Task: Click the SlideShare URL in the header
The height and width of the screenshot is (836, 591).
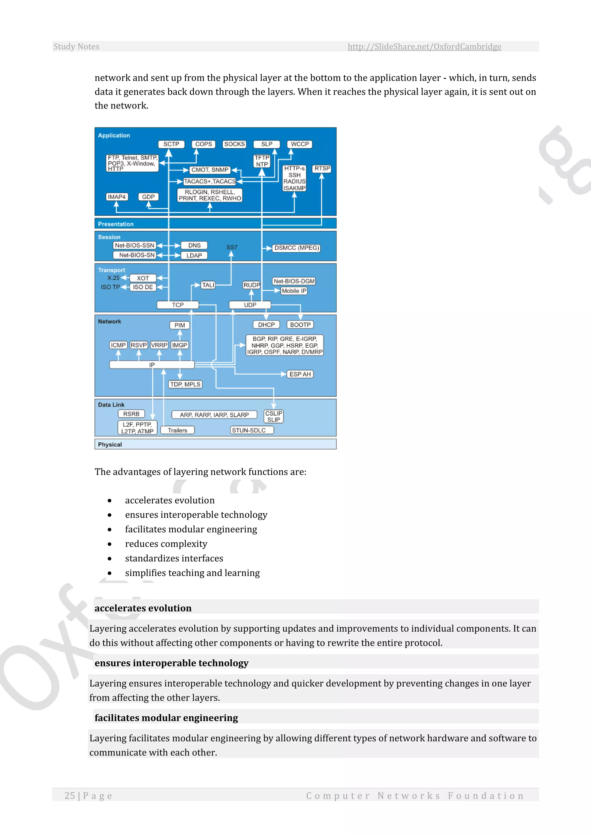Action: point(424,46)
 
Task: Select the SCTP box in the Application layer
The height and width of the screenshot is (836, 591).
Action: point(171,144)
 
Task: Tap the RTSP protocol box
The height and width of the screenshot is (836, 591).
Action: point(322,169)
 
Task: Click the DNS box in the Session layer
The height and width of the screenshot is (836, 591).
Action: point(194,245)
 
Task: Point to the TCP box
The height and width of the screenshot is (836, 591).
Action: point(177,305)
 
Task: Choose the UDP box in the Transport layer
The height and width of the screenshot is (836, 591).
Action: point(250,305)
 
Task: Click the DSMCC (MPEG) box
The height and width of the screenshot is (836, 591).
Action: point(297,248)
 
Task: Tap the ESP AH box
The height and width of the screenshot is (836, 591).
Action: point(300,374)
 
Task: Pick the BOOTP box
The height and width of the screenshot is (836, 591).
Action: point(300,325)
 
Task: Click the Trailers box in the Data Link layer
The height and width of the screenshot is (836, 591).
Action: point(177,430)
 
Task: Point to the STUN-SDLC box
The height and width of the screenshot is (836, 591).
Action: point(249,430)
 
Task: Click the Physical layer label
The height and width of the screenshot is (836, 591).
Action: point(110,445)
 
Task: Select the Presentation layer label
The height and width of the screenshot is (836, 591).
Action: point(116,224)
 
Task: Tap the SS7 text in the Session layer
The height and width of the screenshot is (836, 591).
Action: point(232,247)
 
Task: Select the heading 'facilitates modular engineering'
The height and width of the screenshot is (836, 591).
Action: point(166,718)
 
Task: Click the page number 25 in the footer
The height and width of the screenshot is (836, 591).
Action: point(70,796)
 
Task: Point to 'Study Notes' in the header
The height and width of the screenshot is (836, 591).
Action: point(76,46)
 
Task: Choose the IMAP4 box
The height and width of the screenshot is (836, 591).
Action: point(117,197)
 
